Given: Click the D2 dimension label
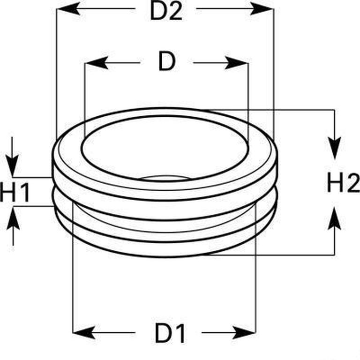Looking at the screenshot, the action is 166,11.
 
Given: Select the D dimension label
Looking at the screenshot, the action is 167,61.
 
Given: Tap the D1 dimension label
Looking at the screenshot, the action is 170,333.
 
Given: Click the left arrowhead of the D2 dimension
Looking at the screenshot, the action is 68,9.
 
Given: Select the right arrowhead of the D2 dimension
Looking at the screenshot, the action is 262,9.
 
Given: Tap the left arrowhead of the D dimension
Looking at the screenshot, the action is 97,63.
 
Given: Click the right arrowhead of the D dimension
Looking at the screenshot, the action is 236,63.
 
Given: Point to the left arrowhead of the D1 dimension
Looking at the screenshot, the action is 84,332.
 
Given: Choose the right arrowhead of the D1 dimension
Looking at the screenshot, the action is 244,332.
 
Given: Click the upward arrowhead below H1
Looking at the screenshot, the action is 13,218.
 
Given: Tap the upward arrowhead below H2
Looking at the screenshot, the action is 334,218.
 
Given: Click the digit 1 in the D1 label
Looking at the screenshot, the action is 180,333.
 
